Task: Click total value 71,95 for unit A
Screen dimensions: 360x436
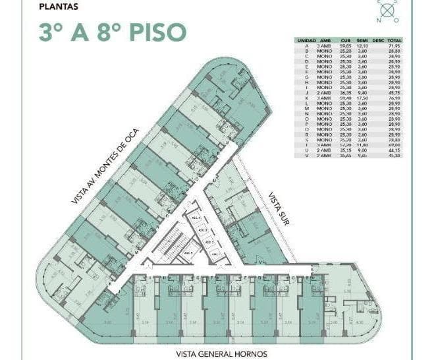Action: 395,45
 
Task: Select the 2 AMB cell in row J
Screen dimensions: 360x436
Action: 324,92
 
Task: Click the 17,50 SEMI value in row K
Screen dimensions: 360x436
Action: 362,98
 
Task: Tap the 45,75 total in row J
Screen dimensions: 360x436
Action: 395,92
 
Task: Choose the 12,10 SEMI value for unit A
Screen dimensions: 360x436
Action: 362,45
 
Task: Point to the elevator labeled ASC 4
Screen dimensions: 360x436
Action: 195,218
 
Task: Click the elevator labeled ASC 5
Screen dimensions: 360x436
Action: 189,253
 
